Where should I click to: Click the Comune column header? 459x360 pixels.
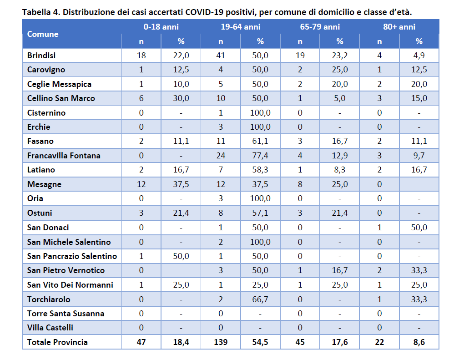tap(43, 34)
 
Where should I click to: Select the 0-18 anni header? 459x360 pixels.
tap(161, 27)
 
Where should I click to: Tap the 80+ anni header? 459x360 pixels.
tap(399, 27)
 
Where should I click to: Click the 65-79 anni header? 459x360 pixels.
tap(320, 27)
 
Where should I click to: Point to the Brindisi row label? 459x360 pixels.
tap(41, 56)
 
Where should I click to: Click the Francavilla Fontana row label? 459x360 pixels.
tap(64, 156)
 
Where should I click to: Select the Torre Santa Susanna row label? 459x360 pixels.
tap(66, 314)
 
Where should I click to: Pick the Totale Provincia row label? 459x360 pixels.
tap(57, 342)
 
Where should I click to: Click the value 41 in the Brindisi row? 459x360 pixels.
tap(221, 56)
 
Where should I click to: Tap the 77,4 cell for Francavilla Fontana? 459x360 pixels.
tap(260, 156)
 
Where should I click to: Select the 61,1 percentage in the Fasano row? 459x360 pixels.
tap(260, 141)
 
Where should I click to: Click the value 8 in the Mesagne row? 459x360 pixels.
tap(300, 184)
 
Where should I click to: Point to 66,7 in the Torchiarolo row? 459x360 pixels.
tap(260, 299)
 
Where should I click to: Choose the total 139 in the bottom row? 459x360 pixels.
tap(221, 342)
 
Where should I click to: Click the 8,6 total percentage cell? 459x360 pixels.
tap(419, 342)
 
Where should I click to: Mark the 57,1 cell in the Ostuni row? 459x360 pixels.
tap(260, 213)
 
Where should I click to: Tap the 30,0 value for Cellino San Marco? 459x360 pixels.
tap(181, 98)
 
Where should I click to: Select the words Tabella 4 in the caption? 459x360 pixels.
tap(41, 12)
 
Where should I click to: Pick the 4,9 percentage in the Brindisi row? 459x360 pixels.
tap(419, 56)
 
